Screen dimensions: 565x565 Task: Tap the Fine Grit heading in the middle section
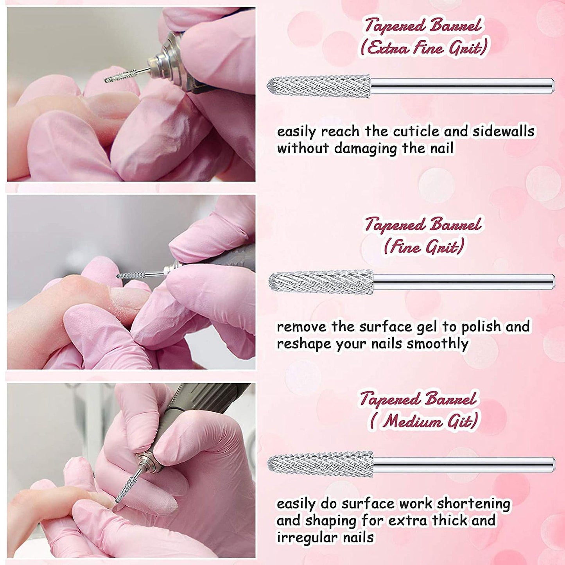tap(424, 247)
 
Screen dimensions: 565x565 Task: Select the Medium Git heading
tap(423, 421)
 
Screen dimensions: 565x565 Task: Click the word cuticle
tap(417, 131)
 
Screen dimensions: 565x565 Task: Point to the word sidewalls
tap(503, 131)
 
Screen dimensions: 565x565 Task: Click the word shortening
tap(473, 504)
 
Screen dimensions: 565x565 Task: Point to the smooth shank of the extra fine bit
tap(462, 86)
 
